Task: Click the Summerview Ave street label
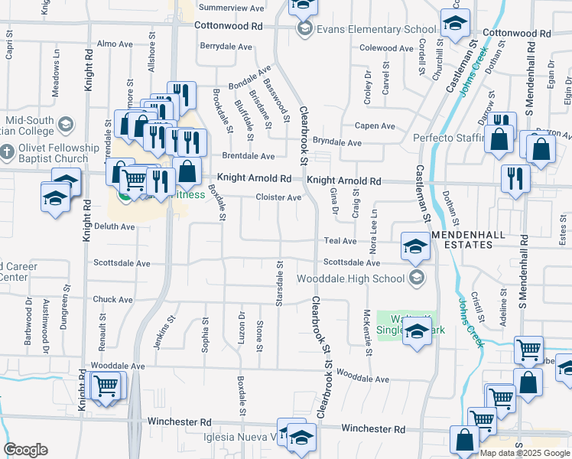pos(231,8)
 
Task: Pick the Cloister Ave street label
pos(278,197)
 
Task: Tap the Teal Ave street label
pos(341,241)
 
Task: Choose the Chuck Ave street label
pos(113,300)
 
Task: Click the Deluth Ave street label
pos(114,226)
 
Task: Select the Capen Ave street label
pos(374,126)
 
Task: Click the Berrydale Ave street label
pos(226,47)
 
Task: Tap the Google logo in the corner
pos(26,450)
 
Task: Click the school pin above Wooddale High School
pos(414,247)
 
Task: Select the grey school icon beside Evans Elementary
pos(305,30)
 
